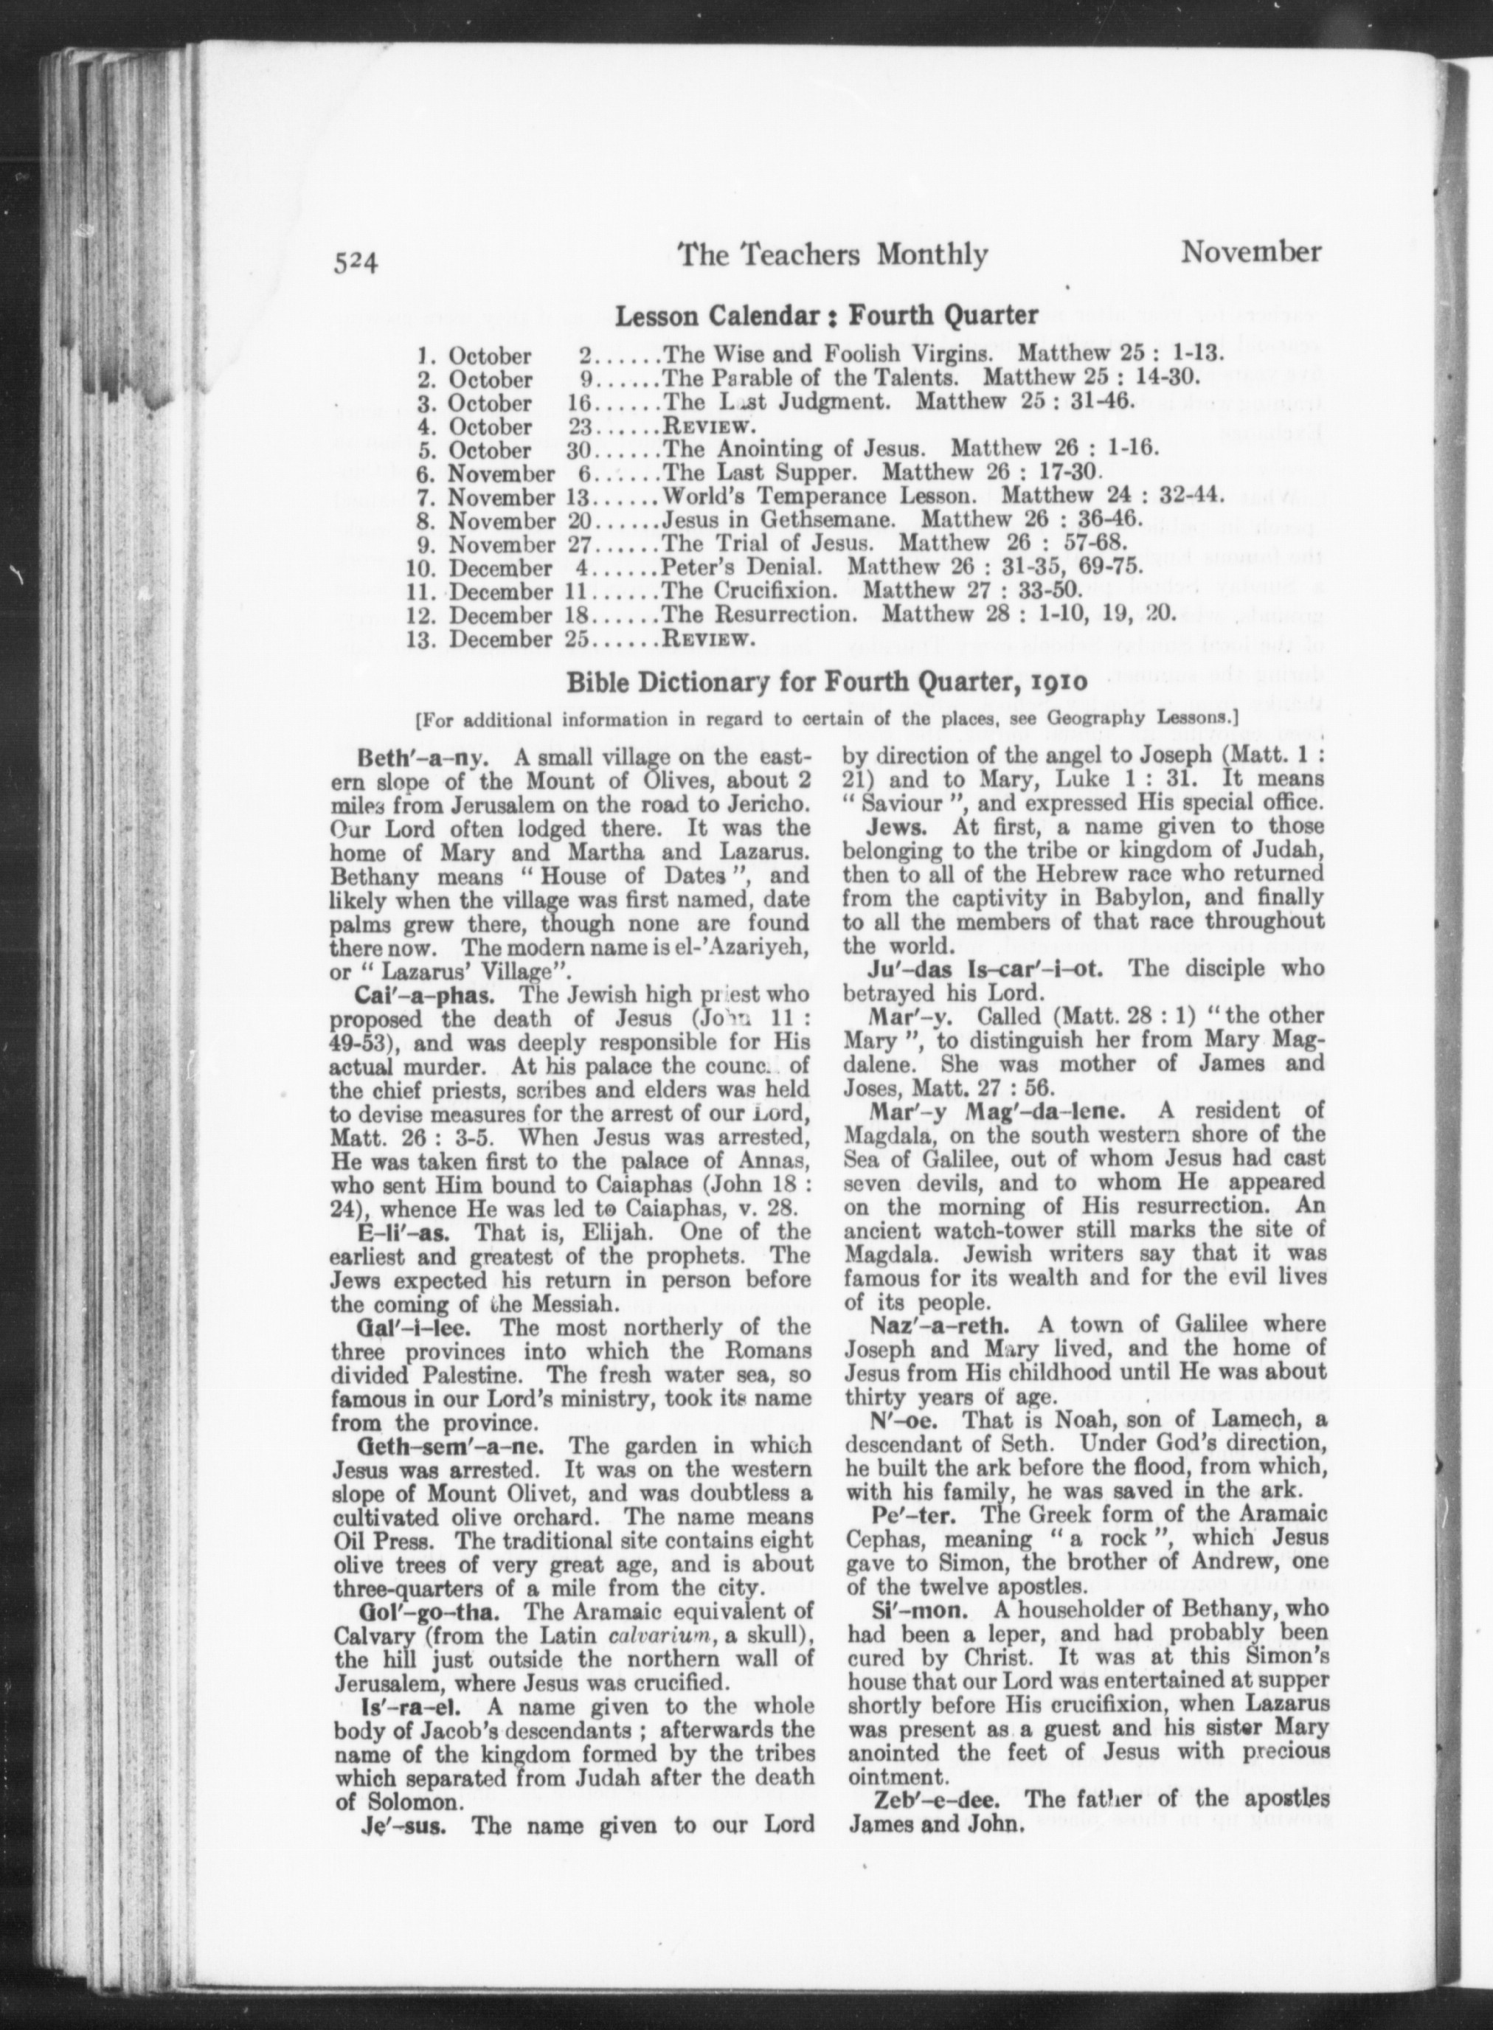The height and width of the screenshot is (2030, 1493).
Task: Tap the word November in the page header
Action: pyautogui.click(x=1250, y=252)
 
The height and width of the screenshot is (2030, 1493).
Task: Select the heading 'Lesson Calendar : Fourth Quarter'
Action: pyautogui.click(x=825, y=316)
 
